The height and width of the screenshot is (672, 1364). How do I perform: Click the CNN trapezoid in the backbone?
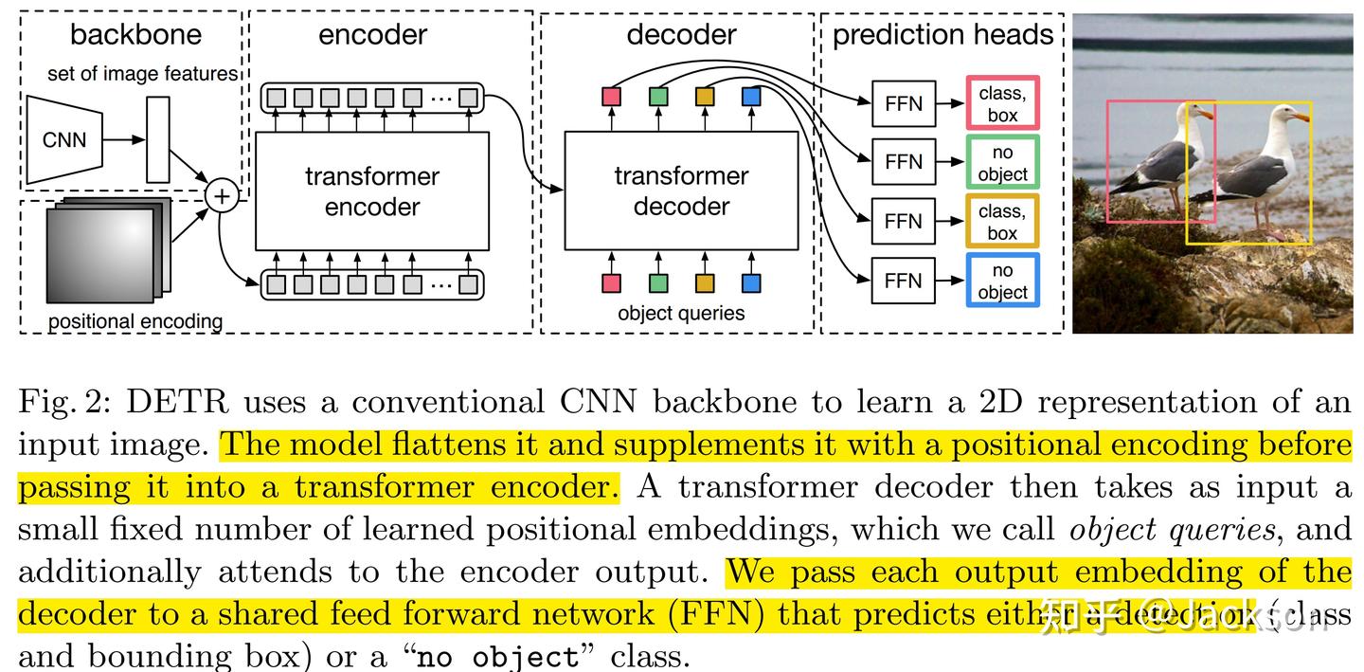tap(63, 139)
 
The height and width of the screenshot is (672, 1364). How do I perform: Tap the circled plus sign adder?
tap(222, 196)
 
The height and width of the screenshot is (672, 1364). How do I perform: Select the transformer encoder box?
tap(371, 191)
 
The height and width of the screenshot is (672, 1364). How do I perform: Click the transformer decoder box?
tap(680, 191)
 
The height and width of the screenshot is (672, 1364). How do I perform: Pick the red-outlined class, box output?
tap(1002, 103)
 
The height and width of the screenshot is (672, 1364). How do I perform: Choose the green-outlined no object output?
tap(1002, 162)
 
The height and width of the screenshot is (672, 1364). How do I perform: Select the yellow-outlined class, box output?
tap(1002, 222)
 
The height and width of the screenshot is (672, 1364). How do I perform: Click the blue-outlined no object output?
tap(1002, 281)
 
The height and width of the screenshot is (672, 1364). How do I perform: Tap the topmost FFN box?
tap(903, 103)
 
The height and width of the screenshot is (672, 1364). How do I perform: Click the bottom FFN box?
tap(903, 281)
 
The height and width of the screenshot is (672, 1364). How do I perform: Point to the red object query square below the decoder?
tap(611, 282)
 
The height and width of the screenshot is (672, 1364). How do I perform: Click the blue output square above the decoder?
tap(751, 96)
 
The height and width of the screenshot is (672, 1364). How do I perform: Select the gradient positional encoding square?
tap(99, 254)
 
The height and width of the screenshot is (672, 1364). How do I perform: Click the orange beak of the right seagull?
tap(1302, 118)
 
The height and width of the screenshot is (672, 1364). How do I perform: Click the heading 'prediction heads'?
tap(942, 35)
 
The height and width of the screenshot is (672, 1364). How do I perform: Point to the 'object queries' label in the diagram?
tap(680, 314)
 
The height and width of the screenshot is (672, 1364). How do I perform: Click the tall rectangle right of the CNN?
tap(158, 139)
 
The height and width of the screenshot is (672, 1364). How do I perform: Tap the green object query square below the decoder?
tap(657, 282)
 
